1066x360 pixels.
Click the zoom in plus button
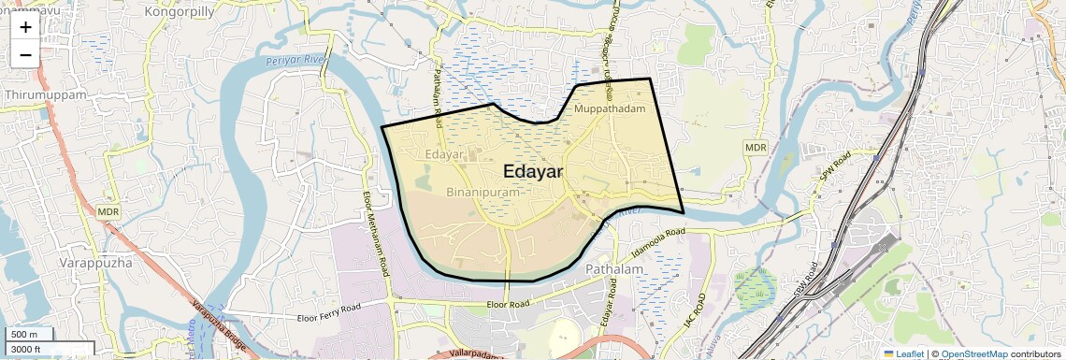[25, 27]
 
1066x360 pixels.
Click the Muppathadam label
[610, 109]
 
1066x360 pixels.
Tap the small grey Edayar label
[444, 153]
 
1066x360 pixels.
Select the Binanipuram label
[483, 192]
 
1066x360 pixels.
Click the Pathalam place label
[614, 269]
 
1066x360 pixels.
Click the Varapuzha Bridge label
[220, 327]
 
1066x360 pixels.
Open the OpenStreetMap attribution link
[973, 353]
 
